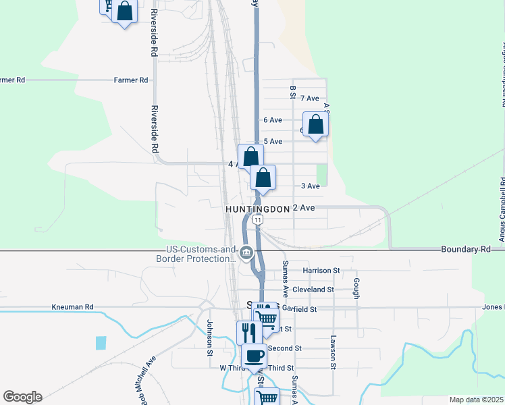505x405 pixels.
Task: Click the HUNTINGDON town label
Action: click(257, 209)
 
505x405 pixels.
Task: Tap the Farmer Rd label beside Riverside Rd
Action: click(131, 80)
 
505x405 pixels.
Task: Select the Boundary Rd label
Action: click(466, 249)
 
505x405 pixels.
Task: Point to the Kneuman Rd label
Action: click(72, 306)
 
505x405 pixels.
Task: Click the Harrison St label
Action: click(321, 270)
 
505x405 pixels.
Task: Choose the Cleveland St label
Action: click(318, 289)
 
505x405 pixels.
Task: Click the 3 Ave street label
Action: click(310, 186)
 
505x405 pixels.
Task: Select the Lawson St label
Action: click(333, 352)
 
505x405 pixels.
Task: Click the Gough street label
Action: click(356, 286)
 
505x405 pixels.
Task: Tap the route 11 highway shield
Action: click(257, 220)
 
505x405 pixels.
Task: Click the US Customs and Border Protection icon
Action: click(246, 254)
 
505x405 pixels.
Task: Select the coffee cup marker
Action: click(254, 356)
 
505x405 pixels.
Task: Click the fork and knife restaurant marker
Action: click(248, 332)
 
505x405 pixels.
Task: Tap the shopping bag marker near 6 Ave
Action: click(315, 124)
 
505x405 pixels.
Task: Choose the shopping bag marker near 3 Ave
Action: click(263, 178)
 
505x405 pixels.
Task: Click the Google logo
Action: click(22, 397)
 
